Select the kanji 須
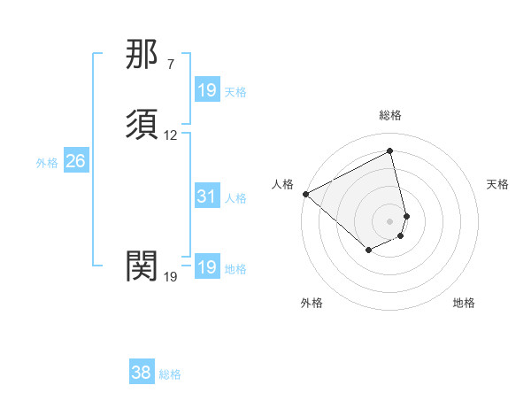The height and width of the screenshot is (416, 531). (x=142, y=125)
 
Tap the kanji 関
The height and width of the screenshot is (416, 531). (x=142, y=266)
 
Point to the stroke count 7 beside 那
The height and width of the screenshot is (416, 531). (x=171, y=65)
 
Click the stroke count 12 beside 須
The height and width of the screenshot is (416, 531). (x=171, y=135)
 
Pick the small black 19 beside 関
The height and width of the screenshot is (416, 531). (x=171, y=277)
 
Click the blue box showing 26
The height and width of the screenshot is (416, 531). (x=75, y=161)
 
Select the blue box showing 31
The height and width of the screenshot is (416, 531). (x=206, y=197)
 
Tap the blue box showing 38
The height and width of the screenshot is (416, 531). (x=141, y=373)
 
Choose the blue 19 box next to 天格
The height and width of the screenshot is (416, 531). (x=206, y=90)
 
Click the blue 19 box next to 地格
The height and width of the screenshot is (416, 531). (x=206, y=267)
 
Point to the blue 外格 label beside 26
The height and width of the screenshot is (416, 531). (x=47, y=163)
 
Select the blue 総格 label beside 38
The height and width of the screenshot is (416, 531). (x=170, y=374)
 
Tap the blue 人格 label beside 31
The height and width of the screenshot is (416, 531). (x=235, y=198)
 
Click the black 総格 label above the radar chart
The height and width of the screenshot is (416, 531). (x=390, y=115)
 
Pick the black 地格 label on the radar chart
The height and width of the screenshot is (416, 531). (x=464, y=303)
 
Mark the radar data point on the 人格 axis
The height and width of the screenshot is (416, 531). (x=305, y=193)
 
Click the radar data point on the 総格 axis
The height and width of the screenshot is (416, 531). (x=390, y=151)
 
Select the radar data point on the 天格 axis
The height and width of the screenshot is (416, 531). (x=406, y=215)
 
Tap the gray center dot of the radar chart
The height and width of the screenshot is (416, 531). (x=390, y=220)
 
